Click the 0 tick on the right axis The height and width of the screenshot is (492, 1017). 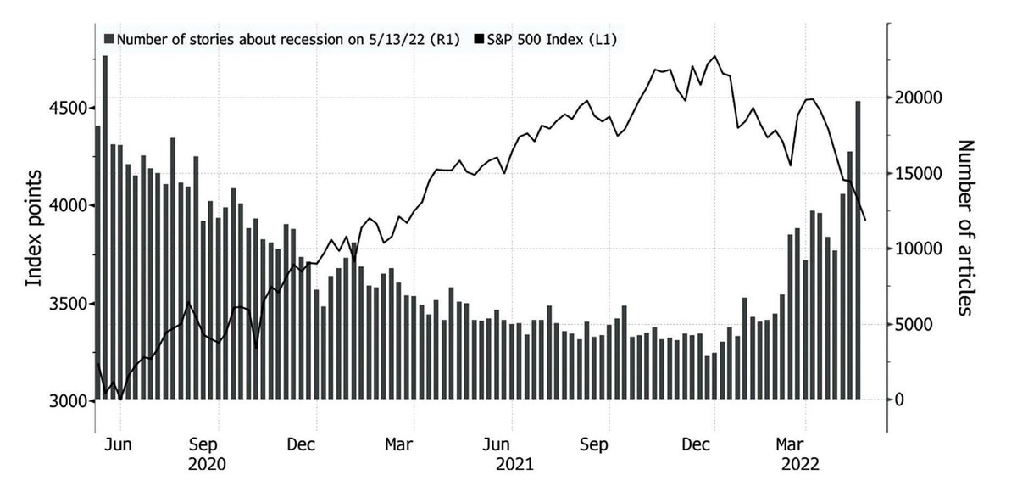pyautogui.click(x=902, y=400)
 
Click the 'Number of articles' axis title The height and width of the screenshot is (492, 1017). pyautogui.click(x=964, y=228)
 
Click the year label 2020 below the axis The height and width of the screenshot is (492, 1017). pyautogui.click(x=208, y=464)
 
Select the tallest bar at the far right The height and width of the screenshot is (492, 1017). pyautogui.click(x=859, y=250)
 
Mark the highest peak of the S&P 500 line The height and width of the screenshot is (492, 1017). pyautogui.click(x=714, y=57)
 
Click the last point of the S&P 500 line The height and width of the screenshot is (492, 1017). pyautogui.click(x=865, y=220)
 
